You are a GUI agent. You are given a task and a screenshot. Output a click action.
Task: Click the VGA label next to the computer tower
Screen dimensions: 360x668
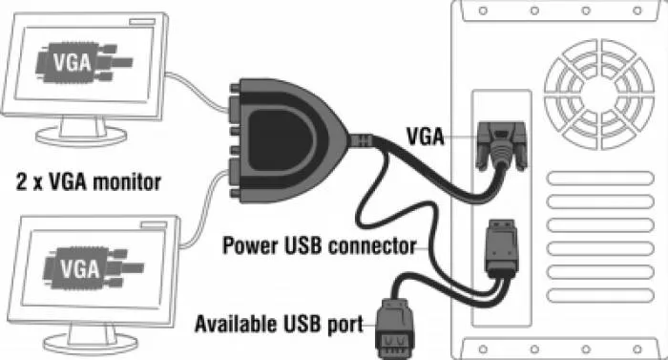[425, 137]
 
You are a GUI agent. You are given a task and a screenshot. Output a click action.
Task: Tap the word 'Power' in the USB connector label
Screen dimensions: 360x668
[250, 245]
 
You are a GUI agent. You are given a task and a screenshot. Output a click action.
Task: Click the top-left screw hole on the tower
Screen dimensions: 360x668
[483, 11]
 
